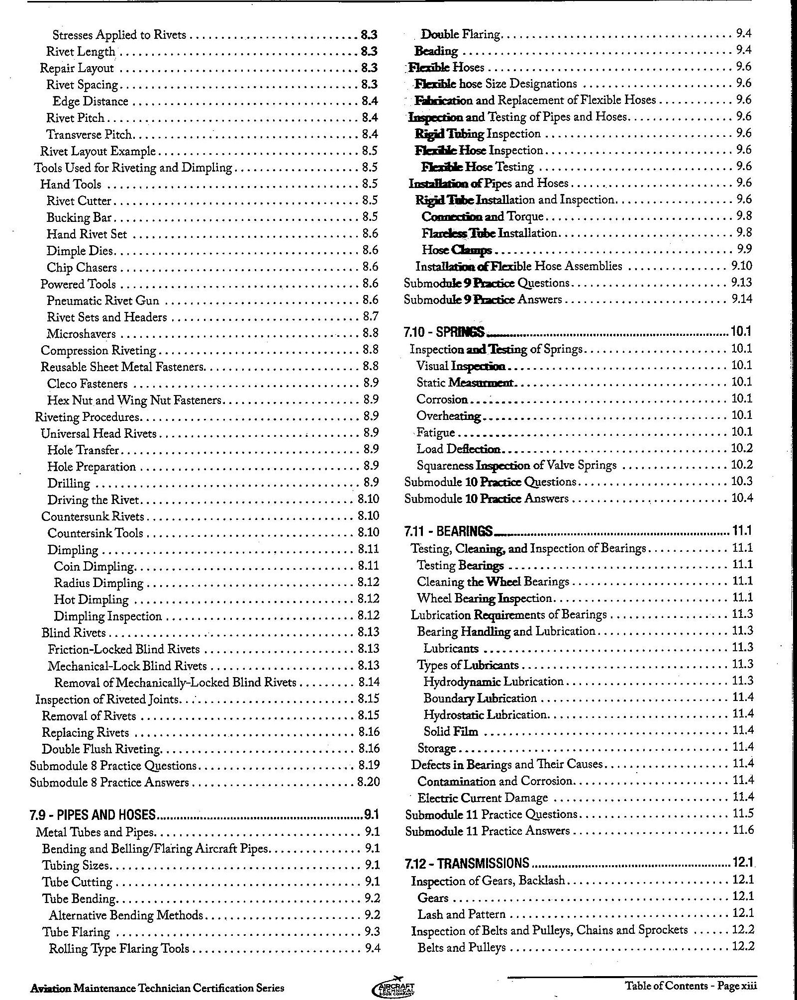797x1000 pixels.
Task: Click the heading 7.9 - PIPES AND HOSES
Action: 93,814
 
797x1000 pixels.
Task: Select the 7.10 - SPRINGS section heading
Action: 444,332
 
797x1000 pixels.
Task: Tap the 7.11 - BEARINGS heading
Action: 448,531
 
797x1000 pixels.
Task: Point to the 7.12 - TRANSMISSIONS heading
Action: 467,862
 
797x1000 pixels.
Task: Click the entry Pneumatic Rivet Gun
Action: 103,300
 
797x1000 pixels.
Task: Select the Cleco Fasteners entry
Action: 87,384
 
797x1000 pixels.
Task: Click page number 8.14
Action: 368,682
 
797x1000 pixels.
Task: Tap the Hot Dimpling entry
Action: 91,599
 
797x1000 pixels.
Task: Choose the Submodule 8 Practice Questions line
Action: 113,766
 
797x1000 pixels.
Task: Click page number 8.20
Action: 368,782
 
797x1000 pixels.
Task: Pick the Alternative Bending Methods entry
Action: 126,915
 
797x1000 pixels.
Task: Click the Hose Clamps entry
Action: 457,250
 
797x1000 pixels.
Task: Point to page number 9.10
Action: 741,266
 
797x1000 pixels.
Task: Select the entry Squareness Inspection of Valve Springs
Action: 516,465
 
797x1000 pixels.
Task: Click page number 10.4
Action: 741,498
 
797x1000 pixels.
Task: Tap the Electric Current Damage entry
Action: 482,798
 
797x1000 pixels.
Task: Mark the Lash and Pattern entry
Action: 461,914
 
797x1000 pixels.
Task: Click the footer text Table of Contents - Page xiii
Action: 691,985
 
